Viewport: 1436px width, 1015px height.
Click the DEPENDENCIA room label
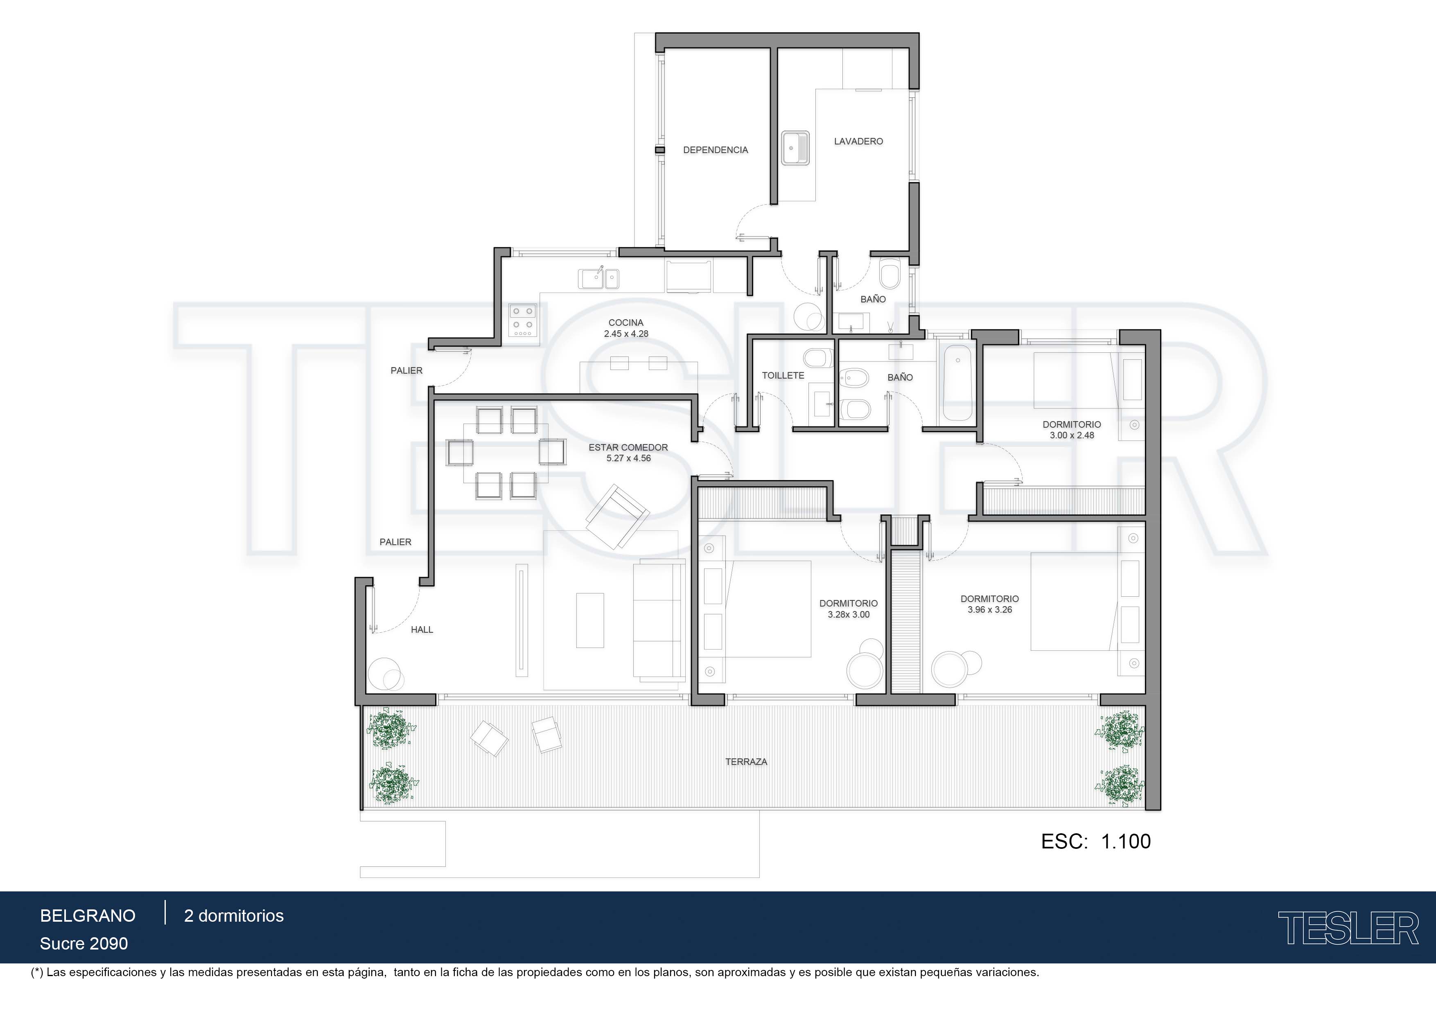[x=716, y=150]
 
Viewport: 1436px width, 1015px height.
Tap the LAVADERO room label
[x=858, y=141]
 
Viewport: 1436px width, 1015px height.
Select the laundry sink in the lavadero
[x=795, y=148]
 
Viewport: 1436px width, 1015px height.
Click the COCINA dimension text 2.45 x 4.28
[x=626, y=334]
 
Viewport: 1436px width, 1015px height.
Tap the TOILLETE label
[x=783, y=375]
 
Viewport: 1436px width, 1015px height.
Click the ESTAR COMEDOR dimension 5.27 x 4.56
[x=629, y=458]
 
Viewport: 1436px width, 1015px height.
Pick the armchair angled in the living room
[x=616, y=515]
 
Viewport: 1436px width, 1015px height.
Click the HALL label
[x=422, y=630]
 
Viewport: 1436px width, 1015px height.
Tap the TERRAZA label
[x=746, y=762]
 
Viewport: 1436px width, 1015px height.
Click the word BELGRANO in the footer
[x=88, y=916]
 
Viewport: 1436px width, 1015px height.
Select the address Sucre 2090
[x=84, y=944]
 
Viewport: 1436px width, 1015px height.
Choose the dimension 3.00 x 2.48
[x=1072, y=435]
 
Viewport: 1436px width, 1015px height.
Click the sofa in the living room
[x=659, y=620]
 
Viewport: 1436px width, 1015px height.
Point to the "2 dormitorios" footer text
[x=234, y=916]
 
